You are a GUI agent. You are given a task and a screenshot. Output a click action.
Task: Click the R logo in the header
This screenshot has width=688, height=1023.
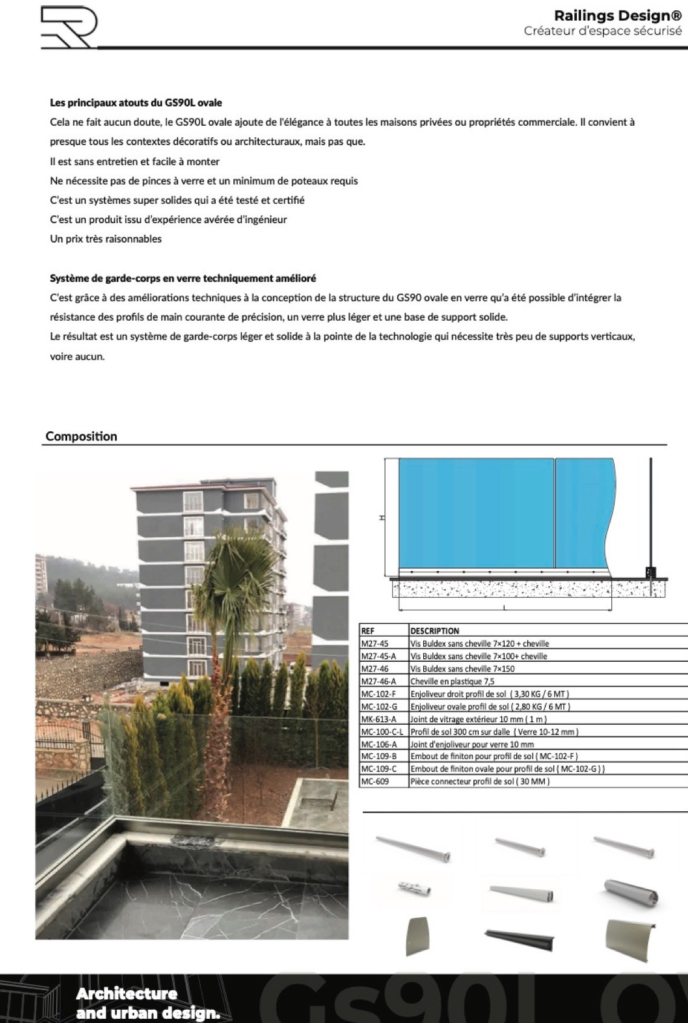[68, 28]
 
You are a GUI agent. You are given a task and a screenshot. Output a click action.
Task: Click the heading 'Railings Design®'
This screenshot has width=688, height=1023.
[618, 16]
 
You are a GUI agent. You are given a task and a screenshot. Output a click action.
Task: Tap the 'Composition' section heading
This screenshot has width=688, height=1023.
[82, 436]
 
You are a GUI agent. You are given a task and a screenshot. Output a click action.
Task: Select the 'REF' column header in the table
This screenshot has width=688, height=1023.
[368, 630]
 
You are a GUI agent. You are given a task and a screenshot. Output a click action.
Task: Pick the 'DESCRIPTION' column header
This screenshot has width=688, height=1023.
[435, 630]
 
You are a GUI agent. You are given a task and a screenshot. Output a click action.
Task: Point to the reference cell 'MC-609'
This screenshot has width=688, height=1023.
[375, 782]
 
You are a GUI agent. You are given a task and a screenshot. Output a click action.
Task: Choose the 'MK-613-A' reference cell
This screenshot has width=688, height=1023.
[378, 719]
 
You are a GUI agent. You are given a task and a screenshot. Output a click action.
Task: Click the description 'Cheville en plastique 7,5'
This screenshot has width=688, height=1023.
[452, 681]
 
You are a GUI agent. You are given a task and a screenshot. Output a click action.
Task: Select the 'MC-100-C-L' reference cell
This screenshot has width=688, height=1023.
[382, 731]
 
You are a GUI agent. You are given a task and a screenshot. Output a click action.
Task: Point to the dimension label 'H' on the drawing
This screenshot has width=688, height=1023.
[381, 518]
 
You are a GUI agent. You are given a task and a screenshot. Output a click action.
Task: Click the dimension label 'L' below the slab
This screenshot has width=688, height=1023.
[505, 608]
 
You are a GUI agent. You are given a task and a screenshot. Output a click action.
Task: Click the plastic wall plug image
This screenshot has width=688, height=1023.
[415, 889]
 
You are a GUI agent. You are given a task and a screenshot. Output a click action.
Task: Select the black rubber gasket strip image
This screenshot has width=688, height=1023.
[519, 938]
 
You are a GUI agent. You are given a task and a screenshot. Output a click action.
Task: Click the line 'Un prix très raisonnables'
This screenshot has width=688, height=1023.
[106, 239]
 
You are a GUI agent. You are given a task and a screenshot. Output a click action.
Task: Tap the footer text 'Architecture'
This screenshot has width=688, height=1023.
[127, 993]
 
